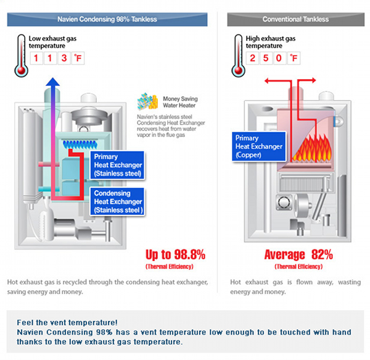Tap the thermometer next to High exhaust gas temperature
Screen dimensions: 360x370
tap(237, 55)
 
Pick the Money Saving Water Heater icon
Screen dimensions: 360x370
tap(149, 101)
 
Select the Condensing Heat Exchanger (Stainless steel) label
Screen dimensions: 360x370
tap(118, 201)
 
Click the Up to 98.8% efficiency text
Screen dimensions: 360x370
tap(175, 254)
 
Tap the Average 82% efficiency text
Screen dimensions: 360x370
tap(298, 254)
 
